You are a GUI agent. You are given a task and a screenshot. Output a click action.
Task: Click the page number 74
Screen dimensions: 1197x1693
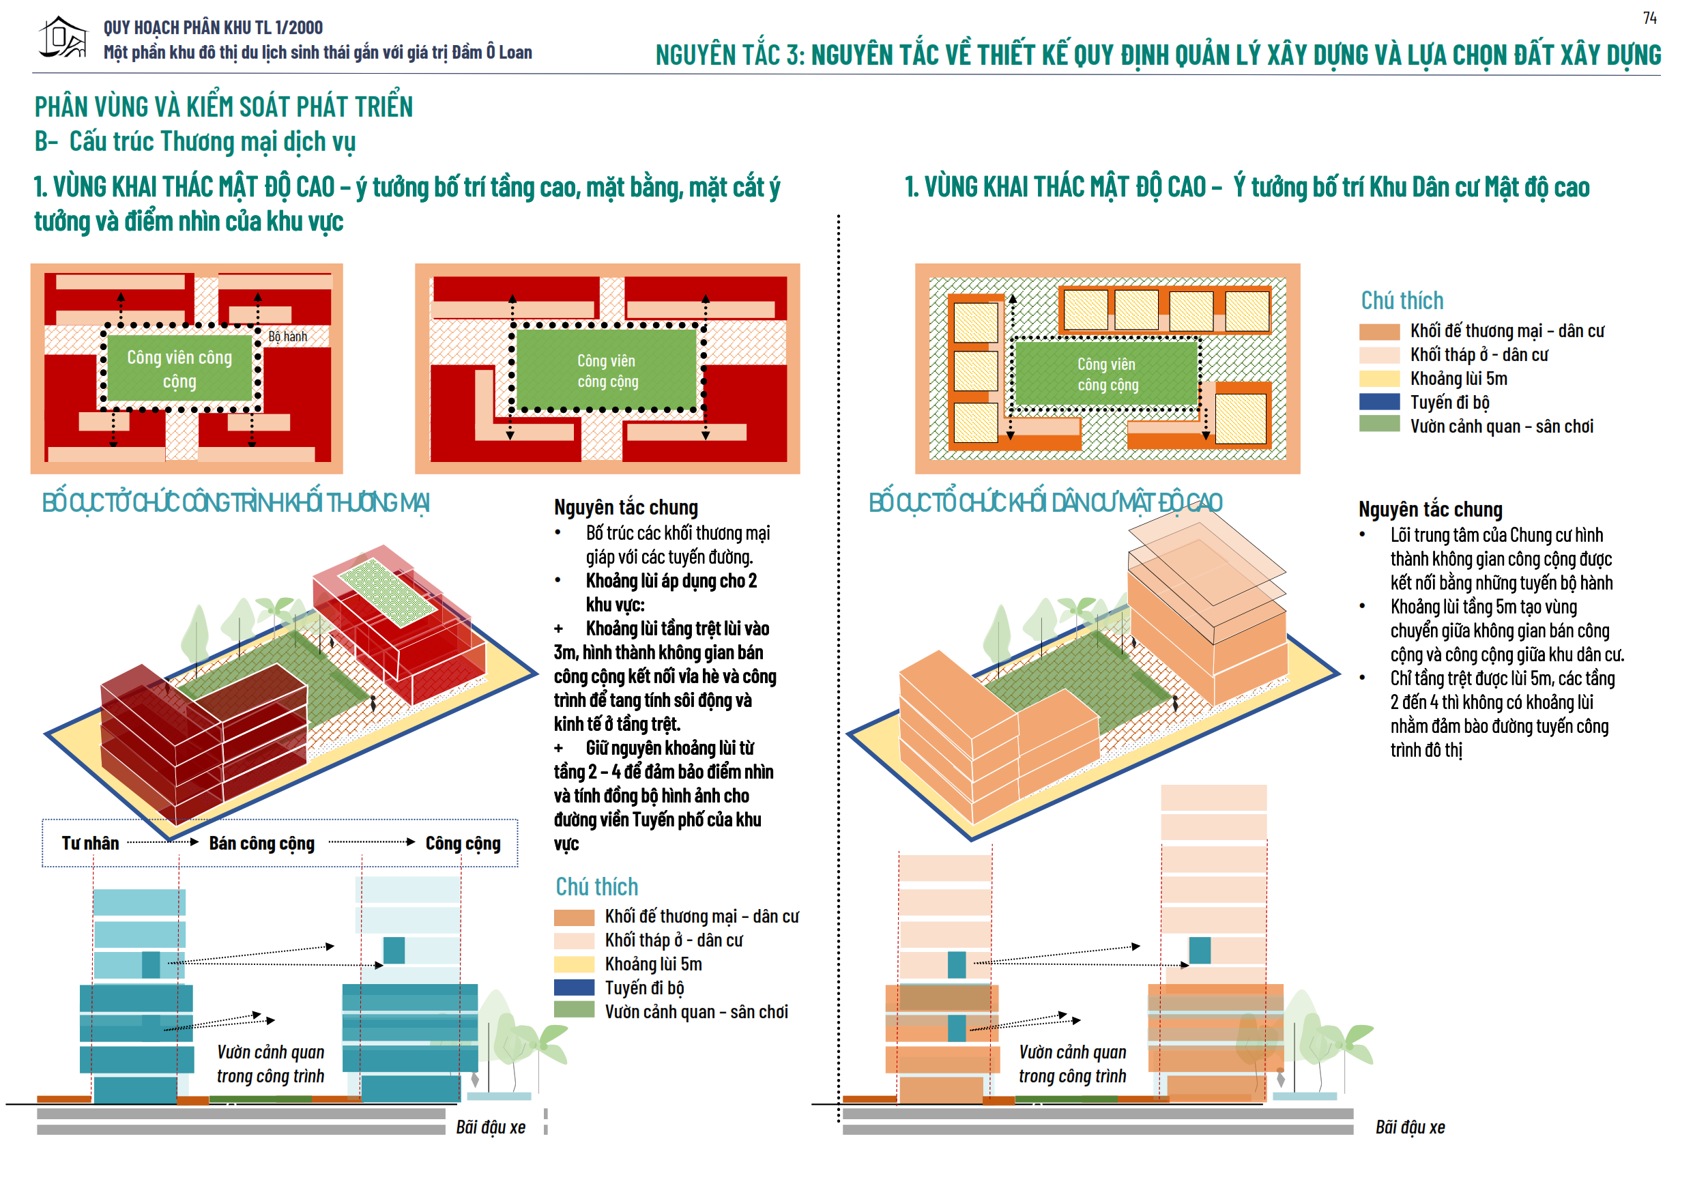pos(1649,18)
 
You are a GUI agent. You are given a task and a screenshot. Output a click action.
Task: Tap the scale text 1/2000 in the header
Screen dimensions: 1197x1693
pos(299,28)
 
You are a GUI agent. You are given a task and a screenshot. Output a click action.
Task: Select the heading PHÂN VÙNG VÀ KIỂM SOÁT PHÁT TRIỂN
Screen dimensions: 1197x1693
pos(223,107)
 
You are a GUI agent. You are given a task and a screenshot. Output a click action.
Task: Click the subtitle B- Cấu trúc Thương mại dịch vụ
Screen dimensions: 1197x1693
pos(195,141)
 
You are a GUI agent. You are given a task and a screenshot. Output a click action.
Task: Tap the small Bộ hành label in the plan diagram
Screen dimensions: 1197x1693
pos(287,336)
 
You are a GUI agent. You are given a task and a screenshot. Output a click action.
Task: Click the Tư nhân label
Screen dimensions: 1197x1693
pos(90,843)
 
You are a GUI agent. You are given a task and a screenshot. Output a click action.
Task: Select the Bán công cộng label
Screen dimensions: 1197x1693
pos(262,843)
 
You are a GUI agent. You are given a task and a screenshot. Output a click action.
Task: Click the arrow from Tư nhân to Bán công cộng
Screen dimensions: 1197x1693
pos(163,841)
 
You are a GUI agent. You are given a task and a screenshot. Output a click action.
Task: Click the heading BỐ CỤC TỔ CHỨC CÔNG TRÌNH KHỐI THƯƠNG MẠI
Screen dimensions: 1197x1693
pos(236,503)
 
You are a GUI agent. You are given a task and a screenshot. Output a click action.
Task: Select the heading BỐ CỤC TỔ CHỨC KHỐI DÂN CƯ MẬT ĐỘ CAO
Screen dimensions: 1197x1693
pos(1045,503)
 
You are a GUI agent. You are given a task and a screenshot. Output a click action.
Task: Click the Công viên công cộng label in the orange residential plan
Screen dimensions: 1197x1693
pos(1107,374)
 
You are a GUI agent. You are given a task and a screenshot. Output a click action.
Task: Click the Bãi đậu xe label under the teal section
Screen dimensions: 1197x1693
pos(491,1127)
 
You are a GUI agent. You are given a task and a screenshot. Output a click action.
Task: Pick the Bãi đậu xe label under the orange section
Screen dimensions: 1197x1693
pos(1410,1127)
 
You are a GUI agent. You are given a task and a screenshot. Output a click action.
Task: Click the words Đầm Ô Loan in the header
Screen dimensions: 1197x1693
pos(492,53)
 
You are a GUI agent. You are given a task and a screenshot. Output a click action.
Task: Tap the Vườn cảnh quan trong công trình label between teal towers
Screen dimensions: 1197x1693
pos(271,1064)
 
